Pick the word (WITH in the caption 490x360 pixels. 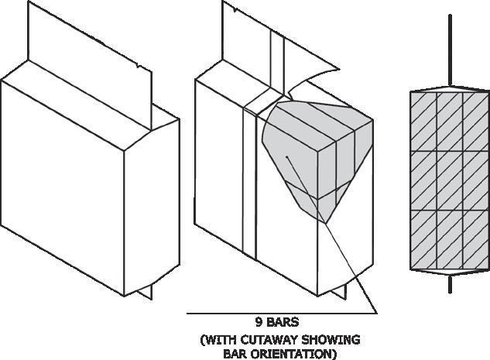click(x=218, y=340)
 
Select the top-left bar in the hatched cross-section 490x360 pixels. click(x=423, y=121)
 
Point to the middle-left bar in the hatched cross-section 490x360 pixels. click(x=423, y=180)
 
